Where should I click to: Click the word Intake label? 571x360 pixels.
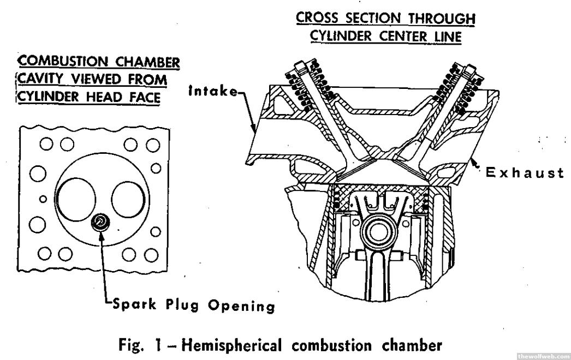pos(213,92)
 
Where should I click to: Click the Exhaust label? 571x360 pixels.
pos(525,173)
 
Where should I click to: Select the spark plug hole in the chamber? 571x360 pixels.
pos(100,221)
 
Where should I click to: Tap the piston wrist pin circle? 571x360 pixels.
pos(377,232)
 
